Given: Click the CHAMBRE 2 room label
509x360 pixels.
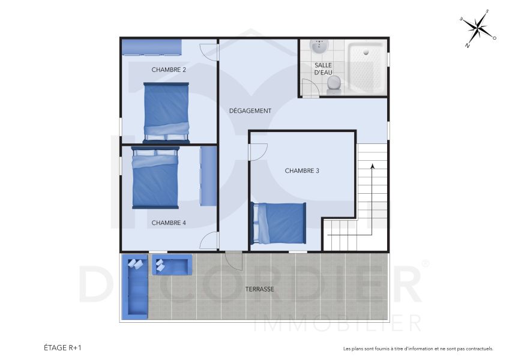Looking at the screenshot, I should pyautogui.click(x=169, y=70).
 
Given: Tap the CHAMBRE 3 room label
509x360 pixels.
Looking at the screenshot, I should pyautogui.click(x=302, y=170).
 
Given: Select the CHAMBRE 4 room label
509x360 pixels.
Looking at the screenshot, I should pyautogui.click(x=169, y=223).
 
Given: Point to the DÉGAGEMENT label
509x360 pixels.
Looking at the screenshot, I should pyautogui.click(x=250, y=110).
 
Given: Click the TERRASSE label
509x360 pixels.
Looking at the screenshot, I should pyautogui.click(x=259, y=289).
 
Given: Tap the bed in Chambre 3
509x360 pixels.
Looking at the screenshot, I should pyautogui.click(x=279, y=223).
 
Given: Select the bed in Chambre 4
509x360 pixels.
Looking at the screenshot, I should pyautogui.click(x=155, y=178).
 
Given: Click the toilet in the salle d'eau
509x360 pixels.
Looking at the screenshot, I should pyautogui.click(x=334, y=85).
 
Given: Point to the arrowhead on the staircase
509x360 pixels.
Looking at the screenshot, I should pyautogui.click(x=372, y=166).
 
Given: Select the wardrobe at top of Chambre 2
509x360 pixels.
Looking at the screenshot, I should pyautogui.click(x=151, y=47).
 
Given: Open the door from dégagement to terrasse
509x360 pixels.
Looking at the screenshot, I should pyautogui.click(x=233, y=260).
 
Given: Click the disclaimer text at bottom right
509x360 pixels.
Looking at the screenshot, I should pyautogui.click(x=418, y=348).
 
